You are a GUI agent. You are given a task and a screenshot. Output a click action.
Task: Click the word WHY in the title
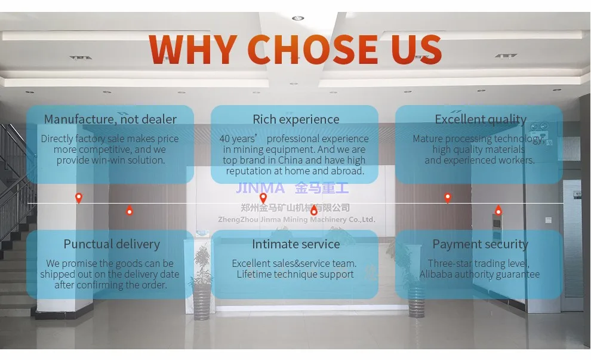(192, 49)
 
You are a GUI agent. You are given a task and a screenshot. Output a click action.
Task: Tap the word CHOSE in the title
(313, 49)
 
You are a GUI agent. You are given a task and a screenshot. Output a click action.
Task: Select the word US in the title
(417, 49)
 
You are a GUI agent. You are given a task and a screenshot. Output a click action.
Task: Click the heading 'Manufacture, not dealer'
(110, 119)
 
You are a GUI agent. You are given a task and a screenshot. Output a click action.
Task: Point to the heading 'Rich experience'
(295, 119)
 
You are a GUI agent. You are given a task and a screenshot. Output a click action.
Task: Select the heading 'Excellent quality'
(481, 119)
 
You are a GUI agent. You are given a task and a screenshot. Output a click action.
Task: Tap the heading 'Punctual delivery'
(112, 244)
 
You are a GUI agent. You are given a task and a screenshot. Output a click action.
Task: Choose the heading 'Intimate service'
(295, 244)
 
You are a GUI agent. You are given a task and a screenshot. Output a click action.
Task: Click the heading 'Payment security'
(480, 244)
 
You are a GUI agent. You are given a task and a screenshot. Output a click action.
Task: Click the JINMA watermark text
(261, 189)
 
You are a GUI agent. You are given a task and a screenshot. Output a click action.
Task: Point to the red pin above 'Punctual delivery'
(130, 210)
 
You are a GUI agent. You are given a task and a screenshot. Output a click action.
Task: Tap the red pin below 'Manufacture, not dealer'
(79, 198)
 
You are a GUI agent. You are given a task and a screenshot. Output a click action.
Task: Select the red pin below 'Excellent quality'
(448, 198)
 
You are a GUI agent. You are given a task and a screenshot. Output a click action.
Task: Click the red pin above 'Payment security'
(498, 210)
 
